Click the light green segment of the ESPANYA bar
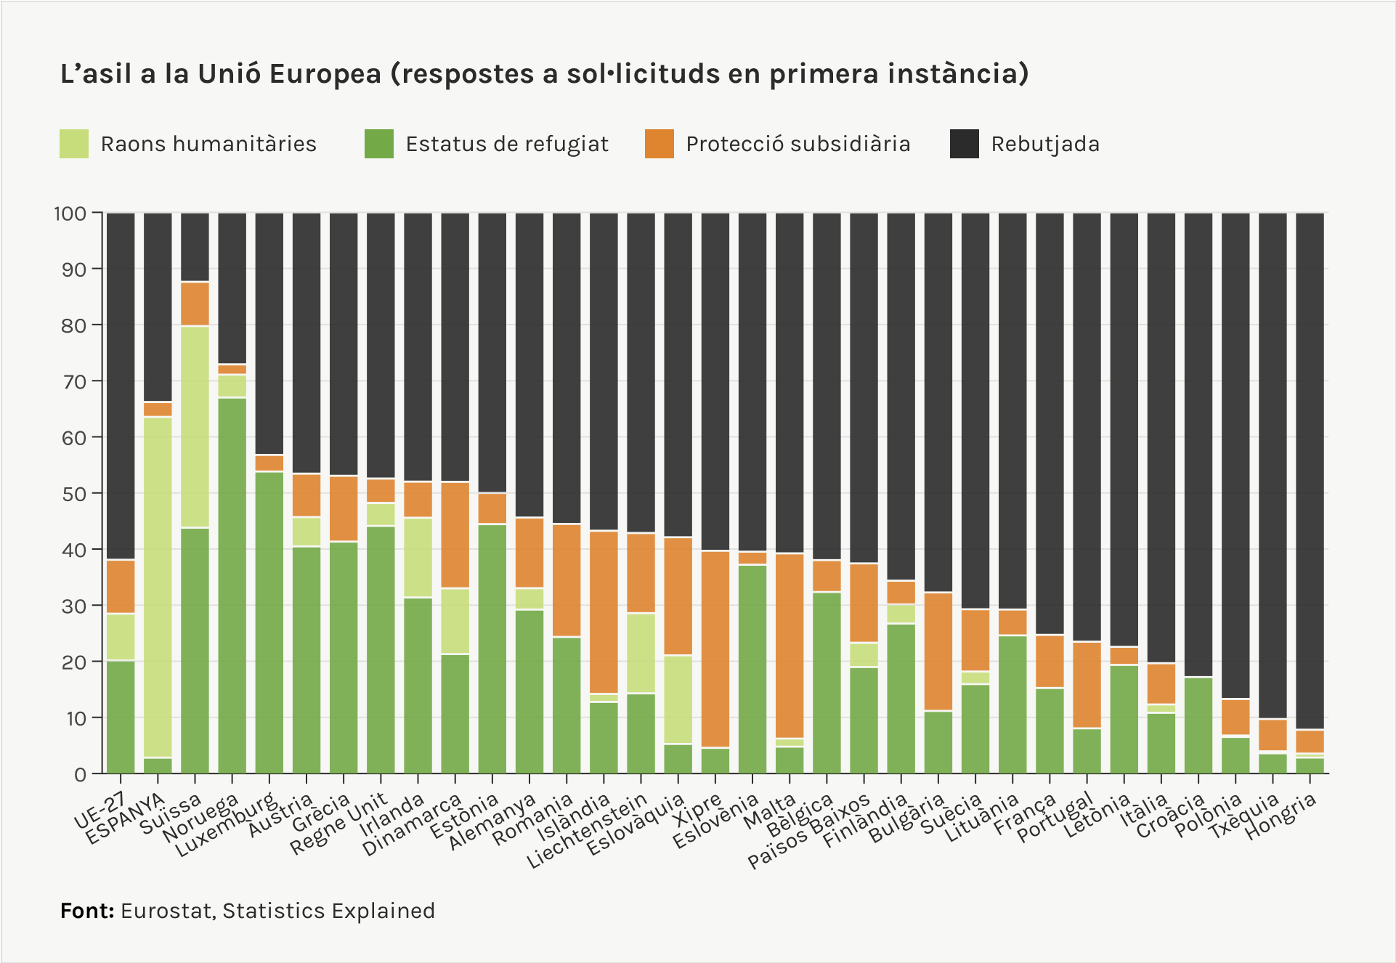158,587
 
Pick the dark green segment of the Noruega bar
232,585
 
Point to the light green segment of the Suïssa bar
195,426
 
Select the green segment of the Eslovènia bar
752,668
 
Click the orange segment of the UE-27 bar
121,586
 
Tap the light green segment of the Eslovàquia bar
678,699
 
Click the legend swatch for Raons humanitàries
74,144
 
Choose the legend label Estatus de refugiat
506,144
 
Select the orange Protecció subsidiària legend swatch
659,144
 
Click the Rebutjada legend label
1044,144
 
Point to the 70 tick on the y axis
74,381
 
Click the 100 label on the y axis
70,214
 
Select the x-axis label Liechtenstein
587,832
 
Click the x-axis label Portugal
1055,818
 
